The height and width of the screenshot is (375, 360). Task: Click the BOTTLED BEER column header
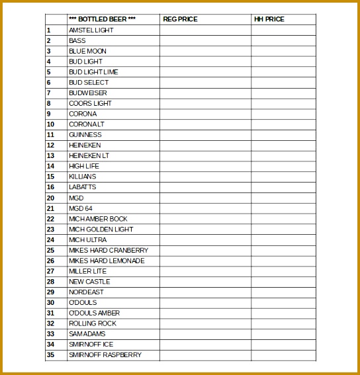(102, 19)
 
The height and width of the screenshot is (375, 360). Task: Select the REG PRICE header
(180, 19)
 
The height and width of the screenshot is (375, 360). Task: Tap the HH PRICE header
(269, 19)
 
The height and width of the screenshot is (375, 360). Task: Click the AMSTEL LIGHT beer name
(91, 30)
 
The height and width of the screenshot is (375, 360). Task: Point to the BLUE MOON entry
(87, 51)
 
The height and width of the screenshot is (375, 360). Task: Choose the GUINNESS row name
(85, 135)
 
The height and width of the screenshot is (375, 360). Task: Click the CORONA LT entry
(87, 124)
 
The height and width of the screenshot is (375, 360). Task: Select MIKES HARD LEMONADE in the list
(107, 261)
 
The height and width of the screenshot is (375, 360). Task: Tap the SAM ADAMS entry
(87, 334)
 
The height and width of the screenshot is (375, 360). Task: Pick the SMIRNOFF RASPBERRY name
(105, 355)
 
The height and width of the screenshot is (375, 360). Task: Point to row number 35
(50, 355)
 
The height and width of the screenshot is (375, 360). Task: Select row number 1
(48, 30)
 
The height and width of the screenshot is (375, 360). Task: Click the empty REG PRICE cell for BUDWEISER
(205, 93)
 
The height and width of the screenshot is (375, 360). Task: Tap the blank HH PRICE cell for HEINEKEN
(283, 146)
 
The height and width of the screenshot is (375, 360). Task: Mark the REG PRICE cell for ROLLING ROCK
(205, 323)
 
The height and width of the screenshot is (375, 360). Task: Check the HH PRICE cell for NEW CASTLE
(283, 282)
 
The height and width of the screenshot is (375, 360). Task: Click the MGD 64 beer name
(81, 208)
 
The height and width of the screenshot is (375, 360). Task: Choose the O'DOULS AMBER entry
(95, 313)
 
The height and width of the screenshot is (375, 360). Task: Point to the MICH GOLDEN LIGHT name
(101, 229)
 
